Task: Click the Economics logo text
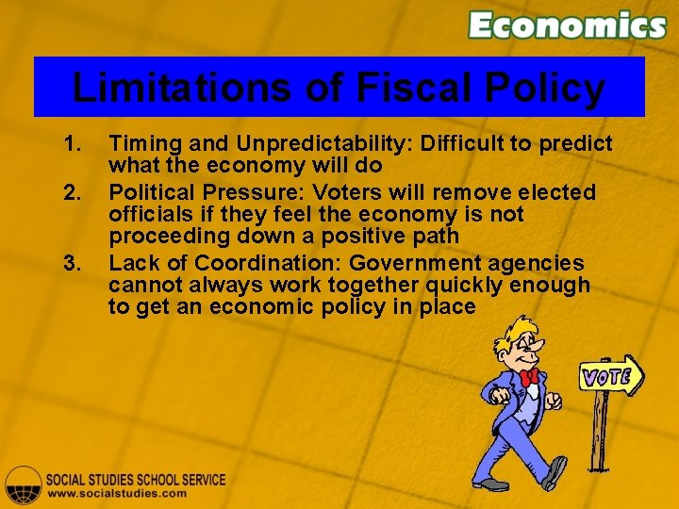coord(567,25)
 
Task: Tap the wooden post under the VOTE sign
coord(599,434)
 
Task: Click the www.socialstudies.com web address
coord(117,493)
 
